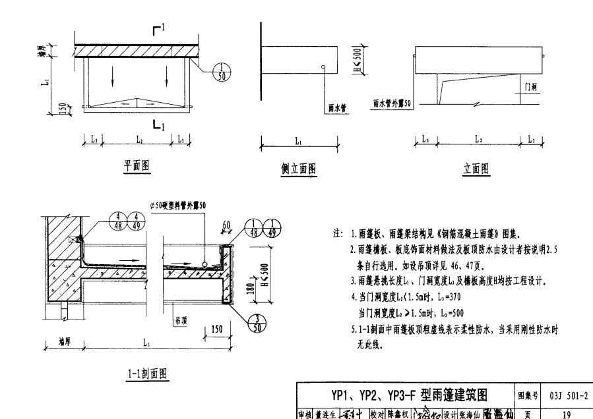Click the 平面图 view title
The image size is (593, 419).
137,167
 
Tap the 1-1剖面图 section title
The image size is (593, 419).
148,374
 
